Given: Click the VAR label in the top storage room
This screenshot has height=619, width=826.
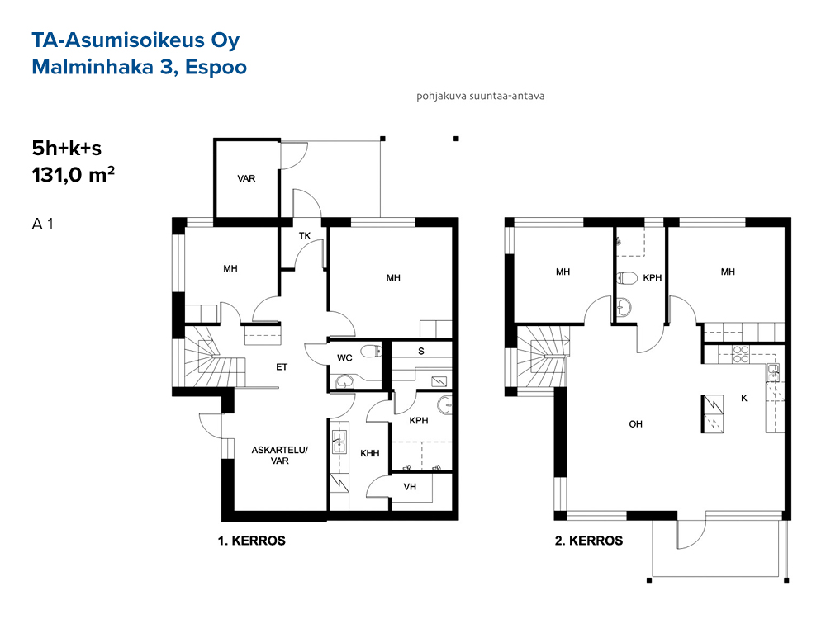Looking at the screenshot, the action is pos(246,178).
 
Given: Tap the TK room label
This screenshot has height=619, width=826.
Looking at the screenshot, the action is pos(305,236).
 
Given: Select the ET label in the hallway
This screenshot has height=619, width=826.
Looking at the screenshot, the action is pos(282,367).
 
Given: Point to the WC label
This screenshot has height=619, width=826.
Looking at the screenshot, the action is pos(344,358).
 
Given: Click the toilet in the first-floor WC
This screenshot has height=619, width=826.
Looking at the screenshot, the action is pos(371,351).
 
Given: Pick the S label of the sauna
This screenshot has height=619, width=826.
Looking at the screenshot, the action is pos(421,351).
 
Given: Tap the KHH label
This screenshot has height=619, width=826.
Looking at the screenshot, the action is pos(370,453).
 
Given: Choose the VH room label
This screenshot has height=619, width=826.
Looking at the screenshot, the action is pos(410,487).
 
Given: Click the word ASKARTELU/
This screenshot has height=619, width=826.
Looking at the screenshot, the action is pos(280,450).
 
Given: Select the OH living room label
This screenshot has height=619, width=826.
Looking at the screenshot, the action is pos(636,424).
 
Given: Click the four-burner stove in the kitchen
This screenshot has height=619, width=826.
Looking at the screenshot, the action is pos(741,354).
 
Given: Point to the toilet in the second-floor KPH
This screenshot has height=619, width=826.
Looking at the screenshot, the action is pos(627,277).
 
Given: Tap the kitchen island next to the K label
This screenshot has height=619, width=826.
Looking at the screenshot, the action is pos(712,413).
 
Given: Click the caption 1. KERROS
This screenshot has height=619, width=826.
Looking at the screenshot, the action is pos(252,541).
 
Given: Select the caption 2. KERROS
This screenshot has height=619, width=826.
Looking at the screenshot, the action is pos(589,541).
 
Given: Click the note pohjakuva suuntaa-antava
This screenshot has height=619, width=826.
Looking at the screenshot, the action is pos(481,96).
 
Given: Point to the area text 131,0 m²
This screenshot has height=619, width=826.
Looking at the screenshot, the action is pos(74,174).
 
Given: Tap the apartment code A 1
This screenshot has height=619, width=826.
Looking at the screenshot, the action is pos(43,224).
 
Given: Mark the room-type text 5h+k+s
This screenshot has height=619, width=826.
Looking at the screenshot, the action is pos(66,149).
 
